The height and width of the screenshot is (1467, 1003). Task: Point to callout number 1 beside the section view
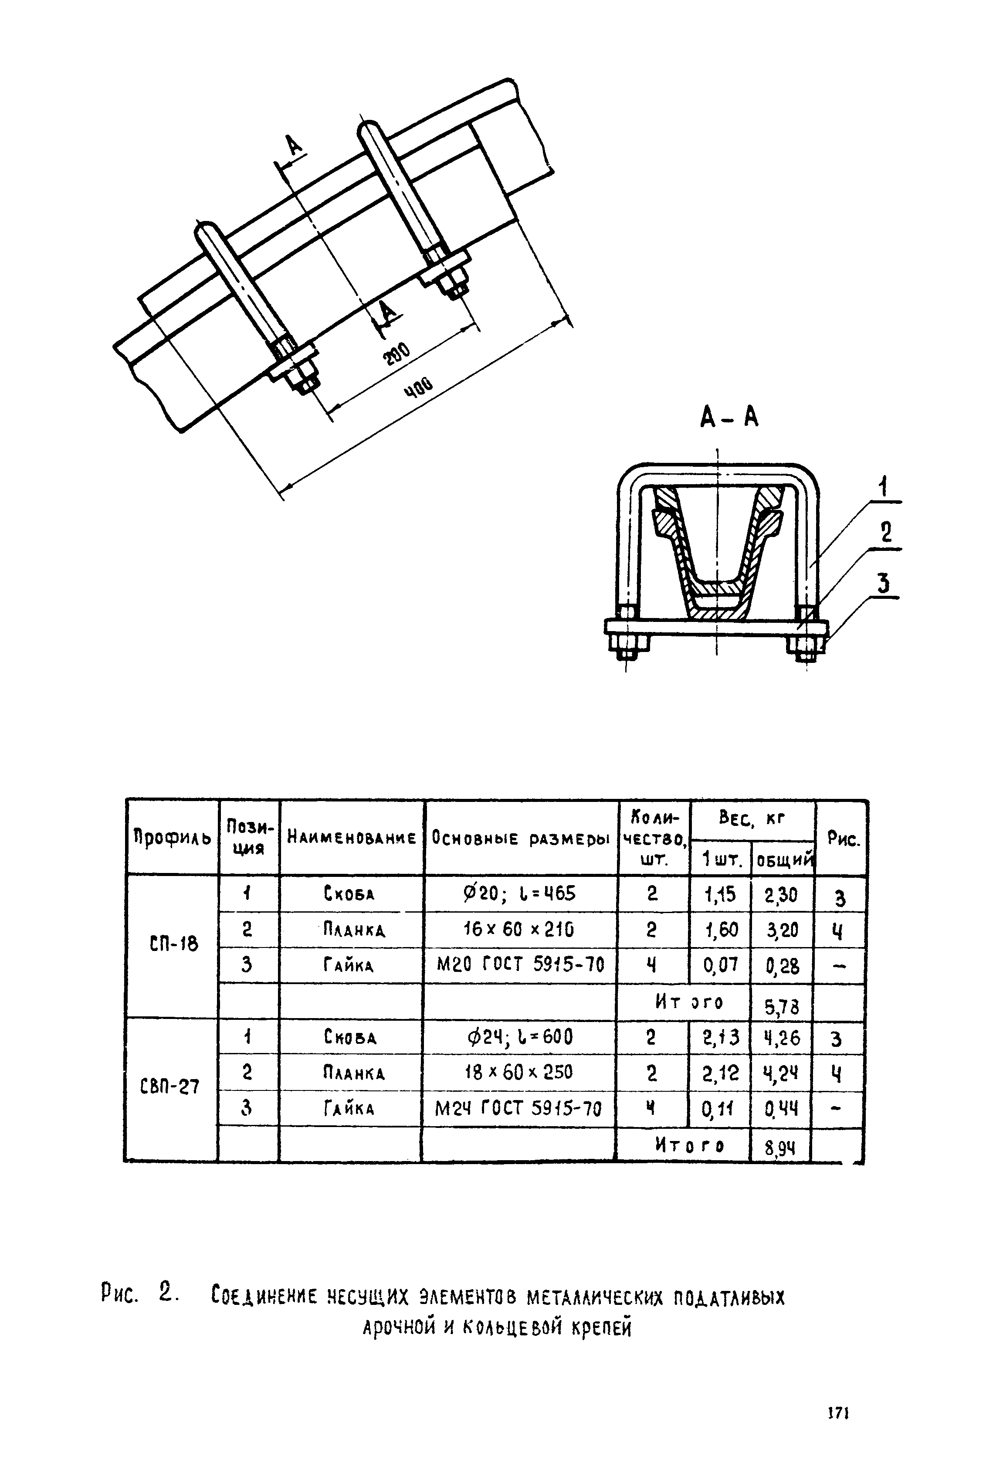[884, 488]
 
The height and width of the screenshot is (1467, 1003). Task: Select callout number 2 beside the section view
[886, 534]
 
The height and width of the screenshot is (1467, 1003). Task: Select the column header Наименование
[352, 838]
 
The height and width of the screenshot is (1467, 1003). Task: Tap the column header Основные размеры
[520, 838]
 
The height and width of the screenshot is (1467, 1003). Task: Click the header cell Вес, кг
[752, 819]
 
